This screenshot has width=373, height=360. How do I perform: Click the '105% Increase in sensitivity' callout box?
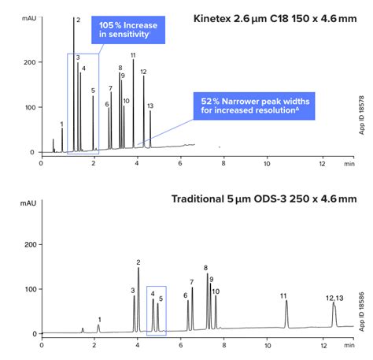(128, 30)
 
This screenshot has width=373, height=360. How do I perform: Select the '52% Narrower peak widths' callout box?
(254, 106)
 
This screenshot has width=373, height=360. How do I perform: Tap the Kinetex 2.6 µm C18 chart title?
(275, 19)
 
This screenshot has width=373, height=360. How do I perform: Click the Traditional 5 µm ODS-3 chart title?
(264, 199)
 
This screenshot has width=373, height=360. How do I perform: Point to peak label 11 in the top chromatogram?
(133, 55)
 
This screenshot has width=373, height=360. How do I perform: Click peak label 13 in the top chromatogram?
(150, 106)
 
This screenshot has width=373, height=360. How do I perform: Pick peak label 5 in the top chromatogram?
(93, 91)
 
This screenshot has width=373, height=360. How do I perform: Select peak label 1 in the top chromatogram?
(61, 124)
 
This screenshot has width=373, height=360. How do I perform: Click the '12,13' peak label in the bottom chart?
(334, 299)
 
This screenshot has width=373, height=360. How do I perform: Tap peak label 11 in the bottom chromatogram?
(283, 296)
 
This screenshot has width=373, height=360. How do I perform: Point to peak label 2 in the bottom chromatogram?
(138, 262)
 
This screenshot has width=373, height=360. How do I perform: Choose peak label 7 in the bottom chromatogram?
(192, 282)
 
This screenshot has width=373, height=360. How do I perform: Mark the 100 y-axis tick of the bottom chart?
(30, 289)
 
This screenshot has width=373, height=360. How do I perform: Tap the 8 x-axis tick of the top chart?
(223, 163)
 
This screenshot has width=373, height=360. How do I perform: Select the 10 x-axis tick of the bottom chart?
(268, 345)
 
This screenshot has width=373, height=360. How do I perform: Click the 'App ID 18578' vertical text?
(361, 115)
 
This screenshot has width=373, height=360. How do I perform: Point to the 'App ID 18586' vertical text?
(361, 312)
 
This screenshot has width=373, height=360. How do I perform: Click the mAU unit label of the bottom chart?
(28, 203)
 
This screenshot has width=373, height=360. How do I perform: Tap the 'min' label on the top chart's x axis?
(349, 164)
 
